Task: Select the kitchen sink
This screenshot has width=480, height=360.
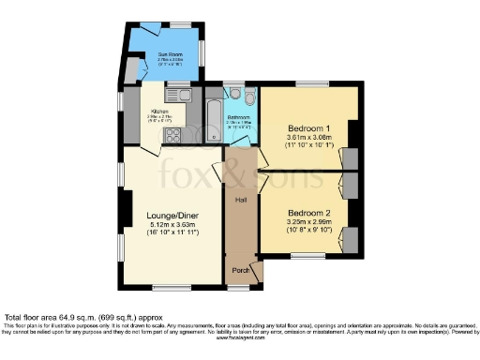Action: (x=177, y=94)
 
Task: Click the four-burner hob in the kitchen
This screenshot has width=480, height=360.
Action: (x=173, y=135)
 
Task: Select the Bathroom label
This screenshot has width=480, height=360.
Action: (x=237, y=116)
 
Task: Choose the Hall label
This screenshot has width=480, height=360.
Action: (x=240, y=201)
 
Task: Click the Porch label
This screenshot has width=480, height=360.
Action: (x=241, y=271)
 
